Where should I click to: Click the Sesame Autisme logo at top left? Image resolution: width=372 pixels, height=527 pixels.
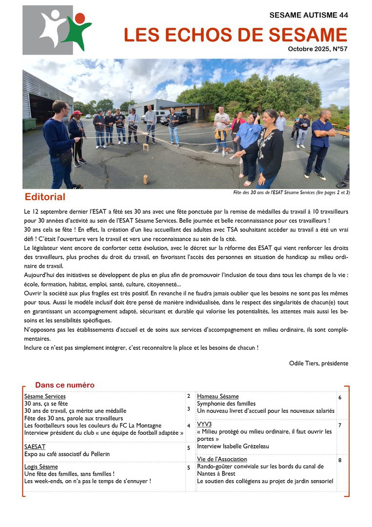point(57,30)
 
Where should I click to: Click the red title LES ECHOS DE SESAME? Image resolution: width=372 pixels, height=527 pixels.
point(235,35)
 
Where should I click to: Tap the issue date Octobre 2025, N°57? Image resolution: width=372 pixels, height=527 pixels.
point(317,49)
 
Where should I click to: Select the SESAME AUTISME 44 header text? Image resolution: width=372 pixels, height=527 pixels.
point(309,15)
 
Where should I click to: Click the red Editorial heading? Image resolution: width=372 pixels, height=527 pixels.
point(45,197)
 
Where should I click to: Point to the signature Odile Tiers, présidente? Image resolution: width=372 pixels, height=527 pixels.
point(318,363)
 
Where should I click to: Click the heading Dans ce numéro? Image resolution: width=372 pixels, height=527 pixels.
point(65,385)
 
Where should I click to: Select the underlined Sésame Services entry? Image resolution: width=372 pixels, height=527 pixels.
point(45,396)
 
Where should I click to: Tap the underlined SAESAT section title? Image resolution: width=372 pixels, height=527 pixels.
point(35,446)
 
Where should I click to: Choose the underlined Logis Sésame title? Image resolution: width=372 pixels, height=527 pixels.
point(41,467)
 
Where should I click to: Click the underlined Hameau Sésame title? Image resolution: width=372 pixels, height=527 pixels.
point(217,396)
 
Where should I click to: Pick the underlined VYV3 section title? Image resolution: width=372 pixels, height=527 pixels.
point(204,425)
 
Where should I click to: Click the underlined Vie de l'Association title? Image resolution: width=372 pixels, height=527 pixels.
point(222,459)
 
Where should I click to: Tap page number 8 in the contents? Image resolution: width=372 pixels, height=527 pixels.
point(340,460)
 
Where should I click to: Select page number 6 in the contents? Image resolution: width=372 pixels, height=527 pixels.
point(340,398)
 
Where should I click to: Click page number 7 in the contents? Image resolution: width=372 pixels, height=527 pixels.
point(340,426)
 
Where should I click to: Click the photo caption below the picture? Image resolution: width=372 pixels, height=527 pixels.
point(292,193)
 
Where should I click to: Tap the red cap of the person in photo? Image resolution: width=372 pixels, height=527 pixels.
point(77,113)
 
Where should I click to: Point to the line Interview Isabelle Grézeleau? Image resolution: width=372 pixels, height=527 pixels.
point(233,446)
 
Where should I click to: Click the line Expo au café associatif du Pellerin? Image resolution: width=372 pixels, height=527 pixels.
point(67,454)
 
